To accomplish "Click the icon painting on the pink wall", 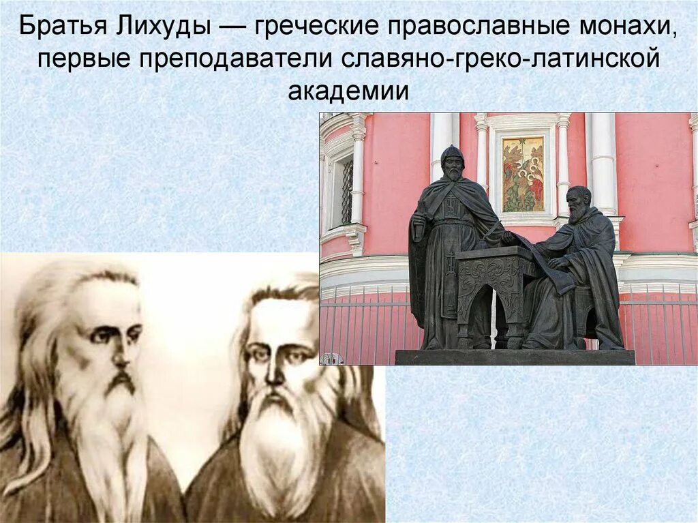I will tap(523, 174).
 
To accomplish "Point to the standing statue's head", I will tap(451, 162).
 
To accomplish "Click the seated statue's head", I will tap(579, 203).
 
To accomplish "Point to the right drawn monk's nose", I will tap(275, 372).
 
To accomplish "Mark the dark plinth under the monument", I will tap(515, 357).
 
